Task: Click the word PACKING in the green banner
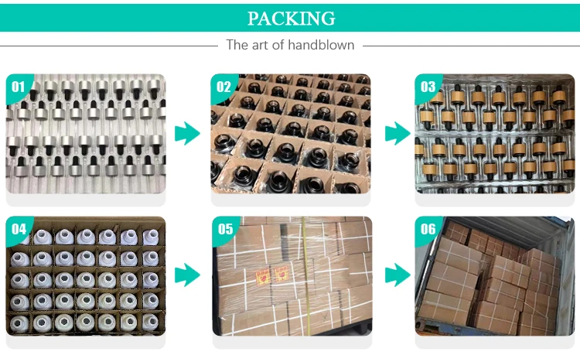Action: point(290,18)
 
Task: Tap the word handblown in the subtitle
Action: point(321,45)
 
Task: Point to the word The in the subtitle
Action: point(237,45)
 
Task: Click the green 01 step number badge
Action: point(18,86)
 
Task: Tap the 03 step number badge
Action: point(428,86)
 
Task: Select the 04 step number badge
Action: point(18,228)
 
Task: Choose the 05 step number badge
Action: point(224,228)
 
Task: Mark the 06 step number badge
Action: point(428,228)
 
